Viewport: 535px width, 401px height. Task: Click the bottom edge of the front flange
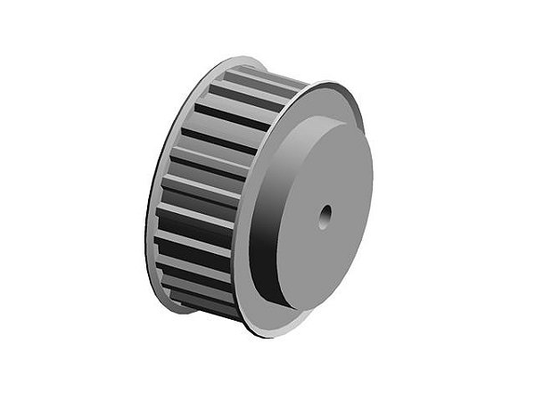pyautogui.click(x=267, y=334)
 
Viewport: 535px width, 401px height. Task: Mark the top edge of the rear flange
pyautogui.click(x=241, y=62)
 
